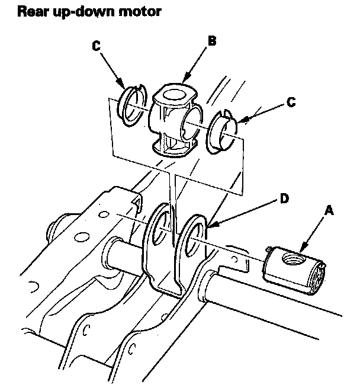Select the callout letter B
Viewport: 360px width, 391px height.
tap(212, 41)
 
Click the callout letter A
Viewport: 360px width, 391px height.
tap(329, 211)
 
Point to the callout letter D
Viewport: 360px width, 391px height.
tap(284, 198)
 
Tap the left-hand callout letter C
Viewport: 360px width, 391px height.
tap(97, 46)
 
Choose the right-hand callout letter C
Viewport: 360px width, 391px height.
tap(291, 102)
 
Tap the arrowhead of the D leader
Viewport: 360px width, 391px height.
tap(210, 226)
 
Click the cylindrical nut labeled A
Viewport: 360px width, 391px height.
tap(294, 270)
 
